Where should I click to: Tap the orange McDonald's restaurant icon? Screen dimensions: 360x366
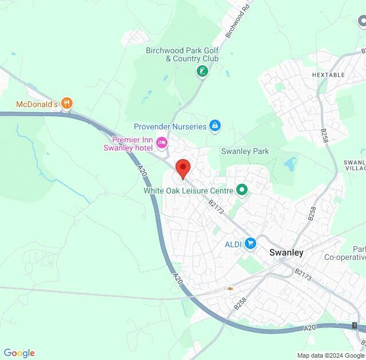pyautogui.click(x=67, y=104)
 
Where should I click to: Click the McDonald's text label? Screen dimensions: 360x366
pyautogui.click(x=36, y=104)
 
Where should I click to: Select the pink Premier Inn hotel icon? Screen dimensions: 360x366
pyautogui.click(x=162, y=143)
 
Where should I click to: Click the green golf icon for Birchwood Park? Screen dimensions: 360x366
pyautogui.click(x=201, y=71)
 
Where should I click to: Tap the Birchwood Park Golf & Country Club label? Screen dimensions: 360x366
pyautogui.click(x=182, y=54)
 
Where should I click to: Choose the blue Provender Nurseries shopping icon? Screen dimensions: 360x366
pyautogui.click(x=215, y=125)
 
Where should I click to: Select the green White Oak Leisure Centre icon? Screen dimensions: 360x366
pyautogui.click(x=241, y=189)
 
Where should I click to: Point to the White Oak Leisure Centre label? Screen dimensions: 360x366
pyautogui.click(x=188, y=190)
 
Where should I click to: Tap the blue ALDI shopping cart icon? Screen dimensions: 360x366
pyautogui.click(x=250, y=244)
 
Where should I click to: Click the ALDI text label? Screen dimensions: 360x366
pyautogui.click(x=233, y=244)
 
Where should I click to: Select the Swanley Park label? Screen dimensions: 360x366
pyautogui.click(x=245, y=151)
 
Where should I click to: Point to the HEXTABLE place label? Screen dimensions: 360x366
pyautogui.click(x=329, y=75)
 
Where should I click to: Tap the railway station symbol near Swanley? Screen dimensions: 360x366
pyautogui.click(x=230, y=288)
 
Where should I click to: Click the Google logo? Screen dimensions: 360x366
pyautogui.click(x=19, y=353)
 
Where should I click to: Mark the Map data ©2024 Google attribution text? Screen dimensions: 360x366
pyautogui.click(x=330, y=355)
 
